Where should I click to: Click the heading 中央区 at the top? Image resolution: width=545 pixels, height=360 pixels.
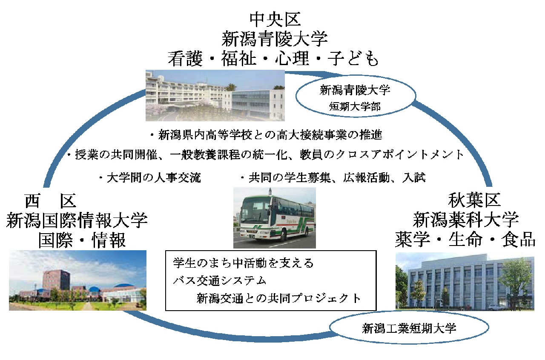tap(275, 20)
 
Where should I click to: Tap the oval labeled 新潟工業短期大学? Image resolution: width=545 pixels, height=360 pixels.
tap(409, 312)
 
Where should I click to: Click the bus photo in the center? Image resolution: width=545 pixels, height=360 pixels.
tap(275, 218)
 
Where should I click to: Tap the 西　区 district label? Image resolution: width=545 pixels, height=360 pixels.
tap(50, 201)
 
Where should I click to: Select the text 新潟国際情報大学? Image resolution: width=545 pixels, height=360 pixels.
tap(77, 220)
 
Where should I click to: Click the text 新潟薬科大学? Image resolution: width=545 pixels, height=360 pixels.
tap(466, 220)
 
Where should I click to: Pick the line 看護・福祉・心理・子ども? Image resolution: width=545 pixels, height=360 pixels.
tap(273, 59)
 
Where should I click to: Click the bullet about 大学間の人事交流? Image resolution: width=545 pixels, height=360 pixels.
tap(150, 178)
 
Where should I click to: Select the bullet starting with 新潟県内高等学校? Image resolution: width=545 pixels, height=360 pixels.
tap(266, 135)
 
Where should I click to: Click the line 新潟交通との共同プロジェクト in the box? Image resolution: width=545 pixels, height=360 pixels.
tap(278, 298)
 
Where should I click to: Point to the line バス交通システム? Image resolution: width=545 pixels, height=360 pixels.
tap(220, 281)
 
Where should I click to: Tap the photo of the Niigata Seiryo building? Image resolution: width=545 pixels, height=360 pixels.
tap(215, 95)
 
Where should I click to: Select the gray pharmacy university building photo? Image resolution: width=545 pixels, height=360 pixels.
tap(465, 281)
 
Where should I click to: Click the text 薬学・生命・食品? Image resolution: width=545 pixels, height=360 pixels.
tap(465, 239)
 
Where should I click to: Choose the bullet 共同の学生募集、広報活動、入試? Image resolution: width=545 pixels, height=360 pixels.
tap(333, 178)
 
